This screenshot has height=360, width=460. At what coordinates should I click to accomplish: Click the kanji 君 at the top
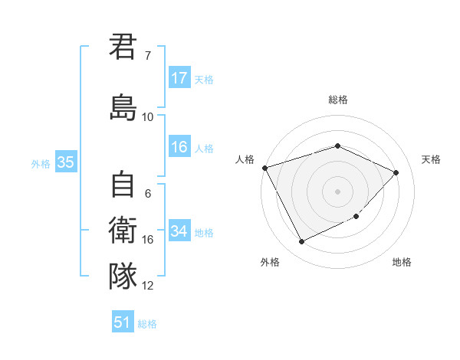point(123,47)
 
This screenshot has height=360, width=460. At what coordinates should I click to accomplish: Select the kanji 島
point(123,106)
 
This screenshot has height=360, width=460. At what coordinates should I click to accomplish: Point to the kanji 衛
point(123,230)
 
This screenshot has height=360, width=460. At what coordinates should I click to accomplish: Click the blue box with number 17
point(179,78)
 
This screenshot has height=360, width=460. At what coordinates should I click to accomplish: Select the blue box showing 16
point(179,148)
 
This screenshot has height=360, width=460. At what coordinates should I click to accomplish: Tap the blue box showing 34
point(179,231)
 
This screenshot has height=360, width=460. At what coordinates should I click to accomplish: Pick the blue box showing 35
point(65,162)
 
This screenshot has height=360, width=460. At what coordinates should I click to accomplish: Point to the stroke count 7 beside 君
point(147,56)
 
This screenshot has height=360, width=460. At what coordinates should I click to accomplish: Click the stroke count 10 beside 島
point(147,116)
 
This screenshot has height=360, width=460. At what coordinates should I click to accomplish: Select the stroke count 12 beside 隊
point(147,285)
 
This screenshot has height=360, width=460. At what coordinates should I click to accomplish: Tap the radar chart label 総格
point(337,100)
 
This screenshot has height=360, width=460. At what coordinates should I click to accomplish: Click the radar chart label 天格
point(431,159)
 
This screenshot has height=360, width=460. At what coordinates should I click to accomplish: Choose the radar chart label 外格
point(270,262)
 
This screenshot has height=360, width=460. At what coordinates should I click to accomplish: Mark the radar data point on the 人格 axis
point(264,168)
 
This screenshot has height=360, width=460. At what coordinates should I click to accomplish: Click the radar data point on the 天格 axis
point(396,172)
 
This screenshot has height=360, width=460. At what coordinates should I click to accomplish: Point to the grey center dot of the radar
point(337,191)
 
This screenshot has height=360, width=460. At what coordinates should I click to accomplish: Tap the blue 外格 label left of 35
point(41,163)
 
